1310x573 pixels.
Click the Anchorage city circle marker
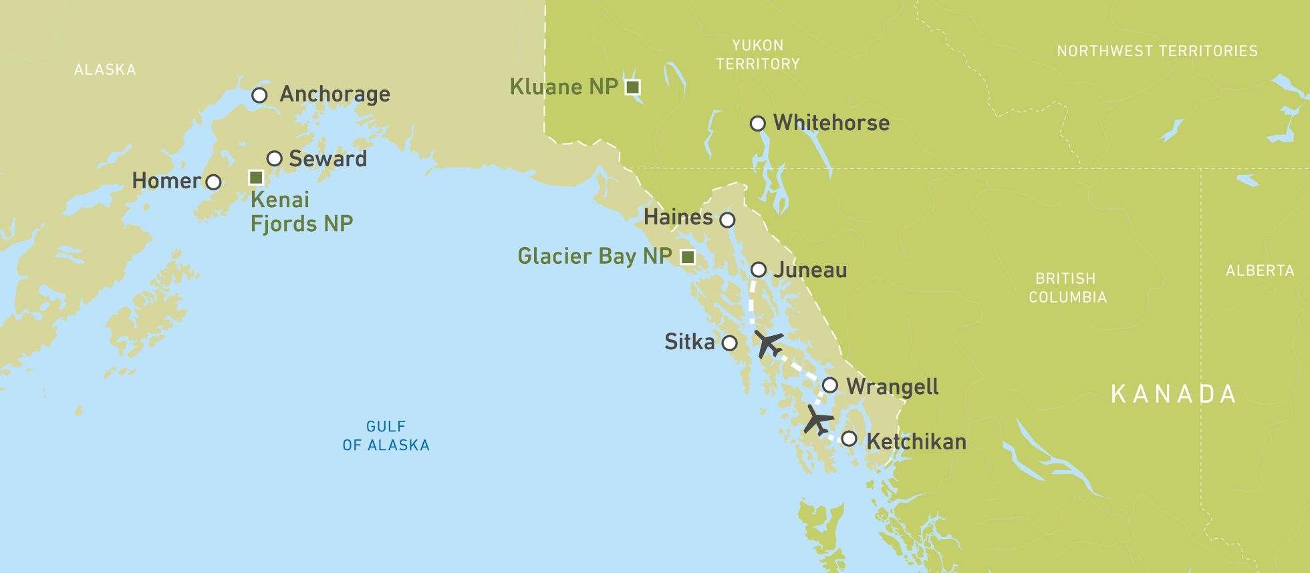[259, 95]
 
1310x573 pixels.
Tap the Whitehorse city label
[831, 123]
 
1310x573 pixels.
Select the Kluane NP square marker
[632, 87]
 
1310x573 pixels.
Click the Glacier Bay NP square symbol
[687, 257]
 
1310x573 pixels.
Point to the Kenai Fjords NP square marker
[256, 178]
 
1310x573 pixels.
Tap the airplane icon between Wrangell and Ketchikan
[817, 420]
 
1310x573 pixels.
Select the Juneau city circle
[758, 270]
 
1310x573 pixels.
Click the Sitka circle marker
[729, 343]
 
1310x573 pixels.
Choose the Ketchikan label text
[916, 441]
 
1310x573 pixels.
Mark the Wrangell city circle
[829, 385]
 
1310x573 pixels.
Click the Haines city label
[678, 217]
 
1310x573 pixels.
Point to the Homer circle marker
[213, 182]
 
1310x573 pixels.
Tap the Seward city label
[327, 159]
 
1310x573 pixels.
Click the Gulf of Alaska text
[386, 435]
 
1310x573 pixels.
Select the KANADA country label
[1173, 394]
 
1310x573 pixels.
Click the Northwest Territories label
[1157, 51]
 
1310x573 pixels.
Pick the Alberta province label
[1259, 270]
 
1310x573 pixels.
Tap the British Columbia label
[1067, 288]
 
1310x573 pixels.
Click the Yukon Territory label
[757, 55]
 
